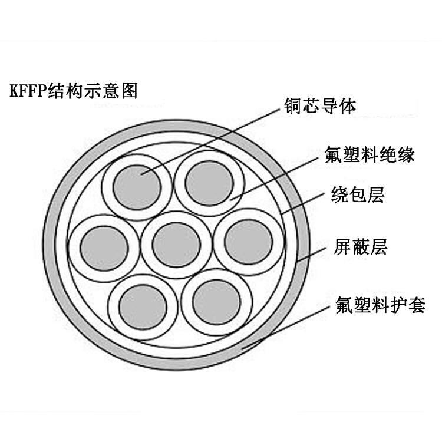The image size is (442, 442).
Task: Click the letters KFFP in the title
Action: [x=31, y=92]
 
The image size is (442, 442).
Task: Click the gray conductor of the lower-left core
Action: [x=142, y=306]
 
